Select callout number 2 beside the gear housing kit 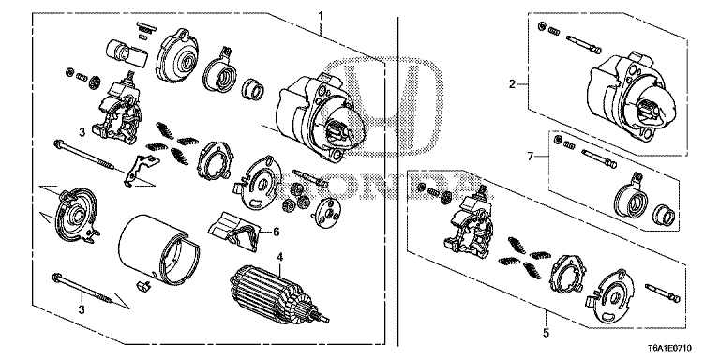click(513, 84)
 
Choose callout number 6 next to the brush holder click(277, 231)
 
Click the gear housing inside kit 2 click(628, 94)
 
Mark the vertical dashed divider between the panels click(400, 187)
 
